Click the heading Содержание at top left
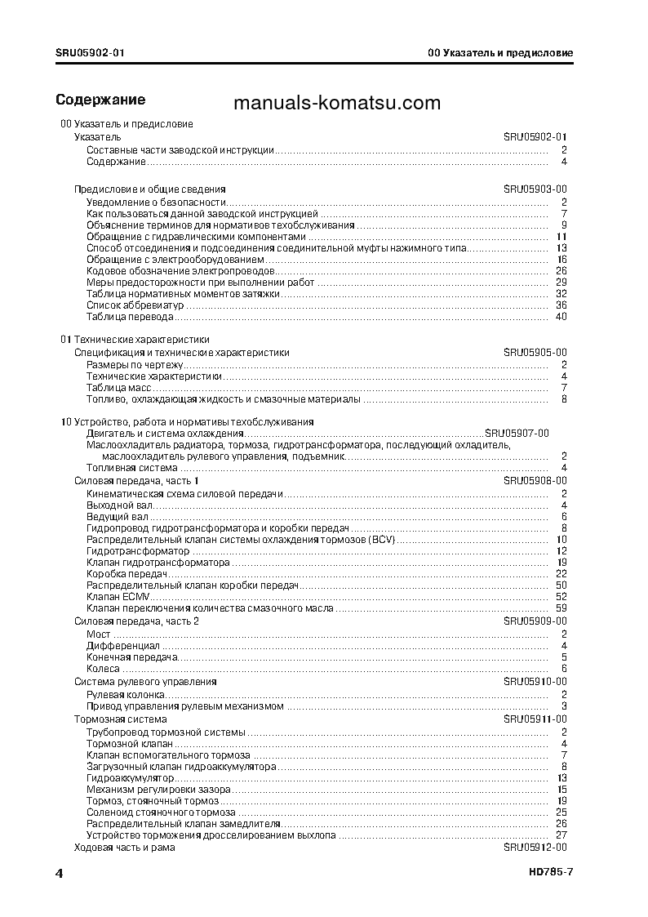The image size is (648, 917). pyautogui.click(x=100, y=100)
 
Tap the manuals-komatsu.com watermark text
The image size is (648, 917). pyautogui.click(x=336, y=103)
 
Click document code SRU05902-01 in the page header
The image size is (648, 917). pyautogui.click(x=91, y=53)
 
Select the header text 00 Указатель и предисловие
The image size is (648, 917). pyautogui.click(x=500, y=53)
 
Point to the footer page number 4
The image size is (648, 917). pyautogui.click(x=60, y=873)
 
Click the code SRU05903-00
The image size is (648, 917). pyautogui.click(x=535, y=189)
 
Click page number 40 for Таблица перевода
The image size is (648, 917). pyautogui.click(x=561, y=317)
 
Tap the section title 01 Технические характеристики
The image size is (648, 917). pyautogui.click(x=135, y=339)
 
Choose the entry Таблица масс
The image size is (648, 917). pyautogui.click(x=113, y=388)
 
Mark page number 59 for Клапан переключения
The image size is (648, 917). pyautogui.click(x=561, y=608)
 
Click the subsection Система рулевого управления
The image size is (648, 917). pyautogui.click(x=145, y=681)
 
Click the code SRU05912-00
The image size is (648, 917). pyautogui.click(x=535, y=848)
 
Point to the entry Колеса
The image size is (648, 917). pyautogui.click(x=103, y=669)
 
